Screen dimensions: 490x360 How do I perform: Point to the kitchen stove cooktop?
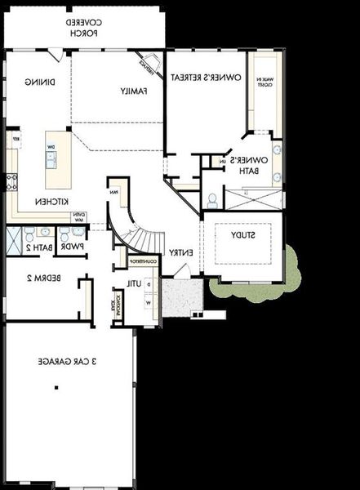11,181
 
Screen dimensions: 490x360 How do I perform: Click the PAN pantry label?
114,193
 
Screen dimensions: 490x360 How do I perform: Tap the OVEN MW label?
80,216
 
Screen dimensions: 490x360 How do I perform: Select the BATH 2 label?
39,246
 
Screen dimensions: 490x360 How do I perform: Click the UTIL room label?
134,283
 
